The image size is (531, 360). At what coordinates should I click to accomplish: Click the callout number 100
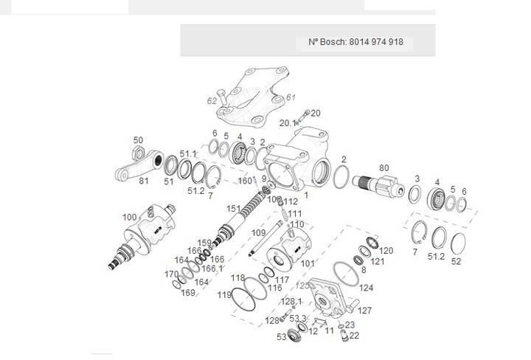[129, 217]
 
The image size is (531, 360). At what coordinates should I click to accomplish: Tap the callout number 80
[383, 168]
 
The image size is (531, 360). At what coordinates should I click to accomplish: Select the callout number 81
[144, 181]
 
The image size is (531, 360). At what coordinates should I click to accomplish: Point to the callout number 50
[138, 140]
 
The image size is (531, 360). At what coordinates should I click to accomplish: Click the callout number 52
[456, 261]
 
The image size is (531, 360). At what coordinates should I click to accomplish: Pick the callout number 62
[212, 101]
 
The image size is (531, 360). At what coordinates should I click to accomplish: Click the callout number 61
[291, 97]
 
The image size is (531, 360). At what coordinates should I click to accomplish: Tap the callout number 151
[233, 209]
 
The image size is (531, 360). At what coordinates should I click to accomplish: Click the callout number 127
[365, 311]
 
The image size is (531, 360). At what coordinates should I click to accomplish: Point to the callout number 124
[367, 288]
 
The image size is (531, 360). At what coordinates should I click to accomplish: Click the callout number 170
[171, 274]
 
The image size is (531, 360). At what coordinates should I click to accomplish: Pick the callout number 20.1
[287, 122]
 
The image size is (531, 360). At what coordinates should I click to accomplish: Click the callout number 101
[308, 263]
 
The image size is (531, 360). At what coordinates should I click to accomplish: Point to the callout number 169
[187, 293]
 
